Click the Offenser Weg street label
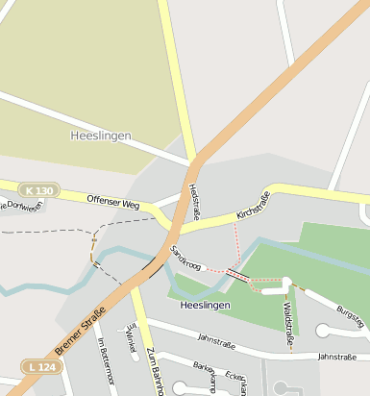tap(113, 203)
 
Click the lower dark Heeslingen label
tap(206, 305)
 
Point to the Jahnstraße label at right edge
tap(336, 358)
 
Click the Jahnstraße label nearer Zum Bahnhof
tap(216, 339)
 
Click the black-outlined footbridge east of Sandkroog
tap(237, 275)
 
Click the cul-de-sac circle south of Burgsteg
tap(324, 332)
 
